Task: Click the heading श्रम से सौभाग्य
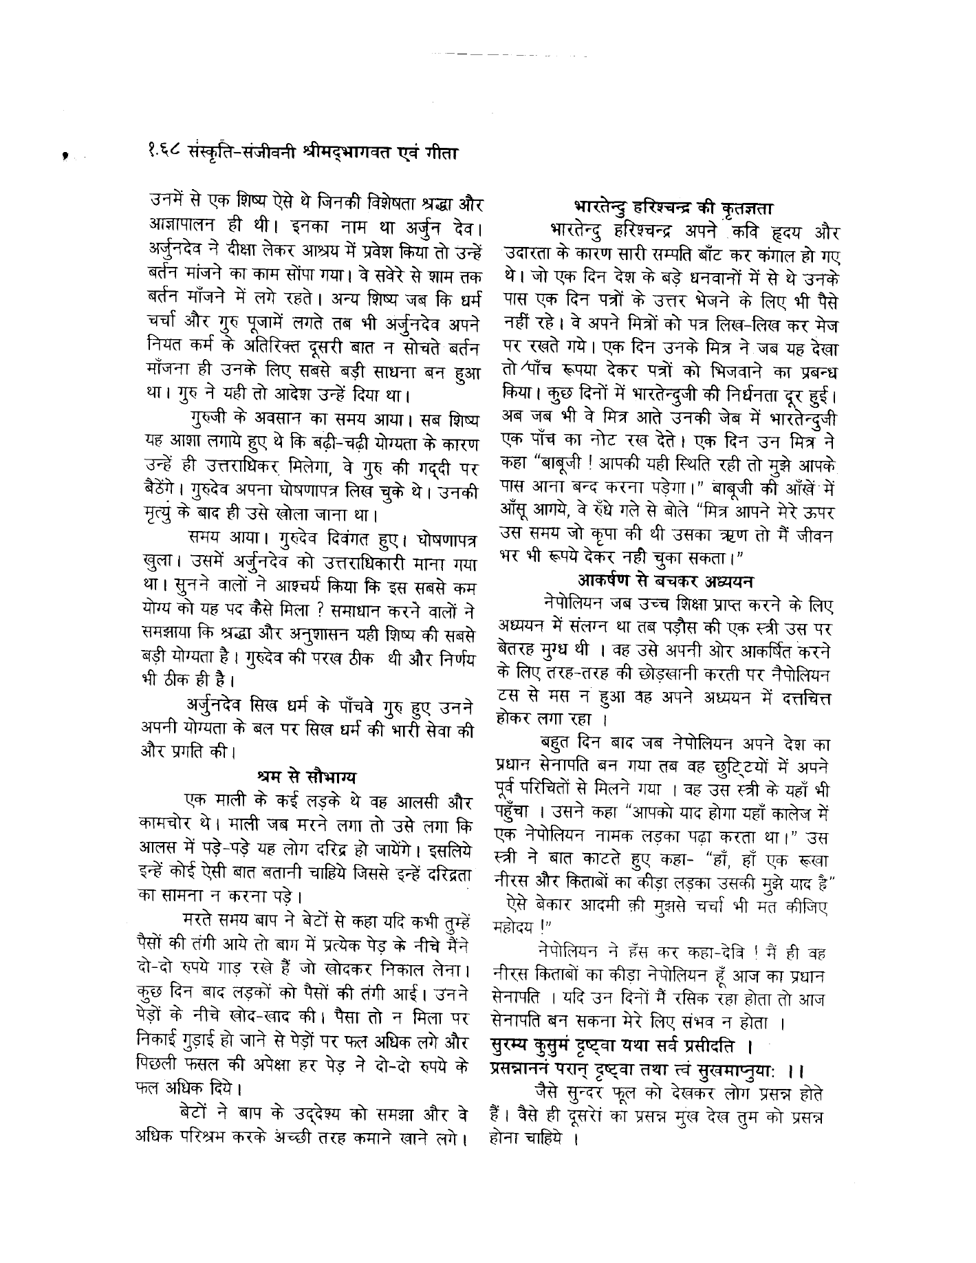click(306, 778)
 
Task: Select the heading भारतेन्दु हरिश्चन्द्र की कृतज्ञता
click(674, 206)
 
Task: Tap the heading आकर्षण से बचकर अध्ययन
click(666, 579)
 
